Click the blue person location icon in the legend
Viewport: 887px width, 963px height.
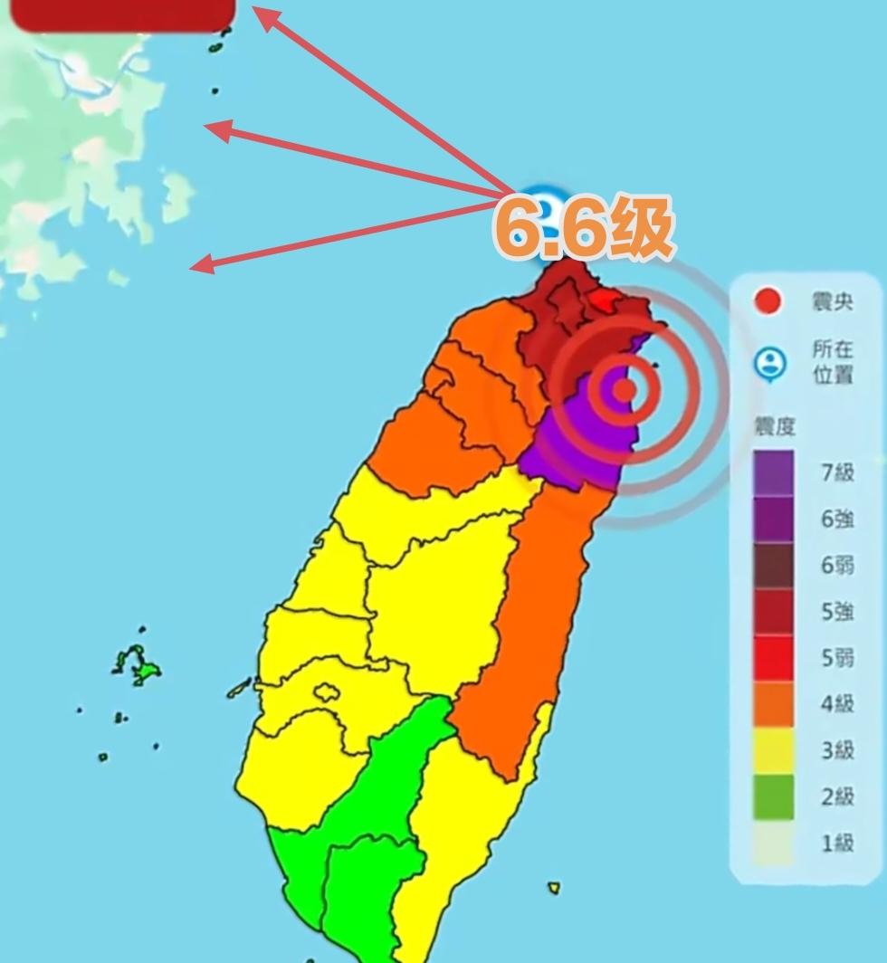click(769, 364)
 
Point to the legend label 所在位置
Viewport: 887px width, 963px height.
click(832, 362)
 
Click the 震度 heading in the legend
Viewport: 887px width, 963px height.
click(774, 426)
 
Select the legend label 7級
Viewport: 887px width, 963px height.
click(837, 472)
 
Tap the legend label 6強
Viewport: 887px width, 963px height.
click(837, 519)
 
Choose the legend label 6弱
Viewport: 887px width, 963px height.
click(837, 565)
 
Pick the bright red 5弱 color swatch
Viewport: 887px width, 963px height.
click(773, 658)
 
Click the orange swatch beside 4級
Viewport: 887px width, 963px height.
click(773, 704)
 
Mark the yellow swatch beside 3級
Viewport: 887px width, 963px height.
click(773, 750)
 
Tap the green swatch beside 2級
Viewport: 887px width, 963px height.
click(773, 796)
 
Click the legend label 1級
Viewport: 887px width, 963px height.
click(837, 844)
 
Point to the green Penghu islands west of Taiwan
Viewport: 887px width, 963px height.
click(140, 668)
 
